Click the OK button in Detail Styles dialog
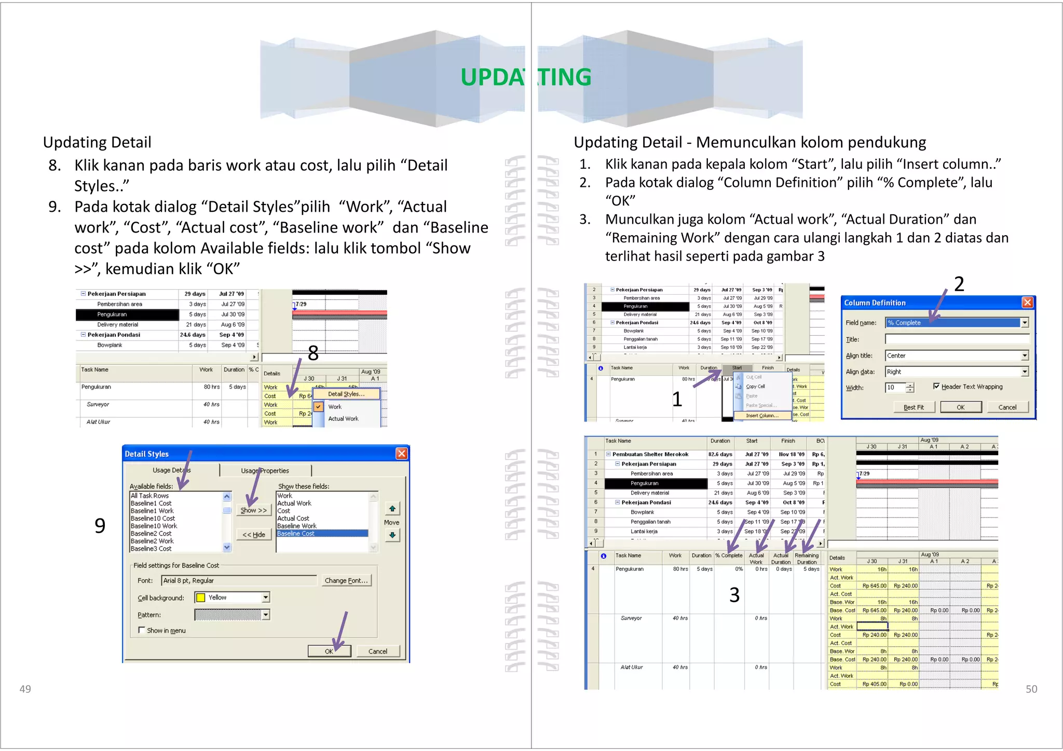[329, 651]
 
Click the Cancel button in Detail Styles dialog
[377, 651]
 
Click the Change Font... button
[346, 580]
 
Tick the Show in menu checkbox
[142, 630]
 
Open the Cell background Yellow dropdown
[266, 597]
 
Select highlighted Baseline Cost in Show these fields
[322, 534]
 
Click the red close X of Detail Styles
[401, 454]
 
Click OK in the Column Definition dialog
[960, 407]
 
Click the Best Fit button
[914, 407]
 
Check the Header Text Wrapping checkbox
[936, 386]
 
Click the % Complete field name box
[952, 322]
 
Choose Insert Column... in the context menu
[761, 415]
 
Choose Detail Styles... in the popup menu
[346, 394]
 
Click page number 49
[25, 689]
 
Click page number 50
[1031, 689]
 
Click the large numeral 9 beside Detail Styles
[100, 526]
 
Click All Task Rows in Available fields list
[150, 496]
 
